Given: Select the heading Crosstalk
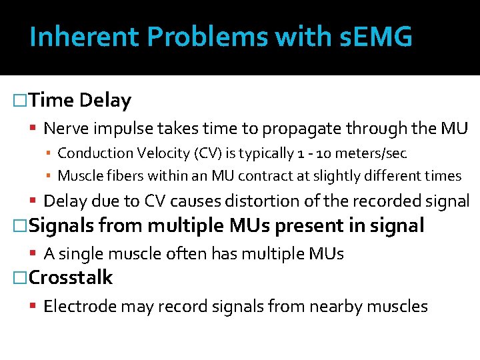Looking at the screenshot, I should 71,277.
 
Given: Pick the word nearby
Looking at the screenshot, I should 348,306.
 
